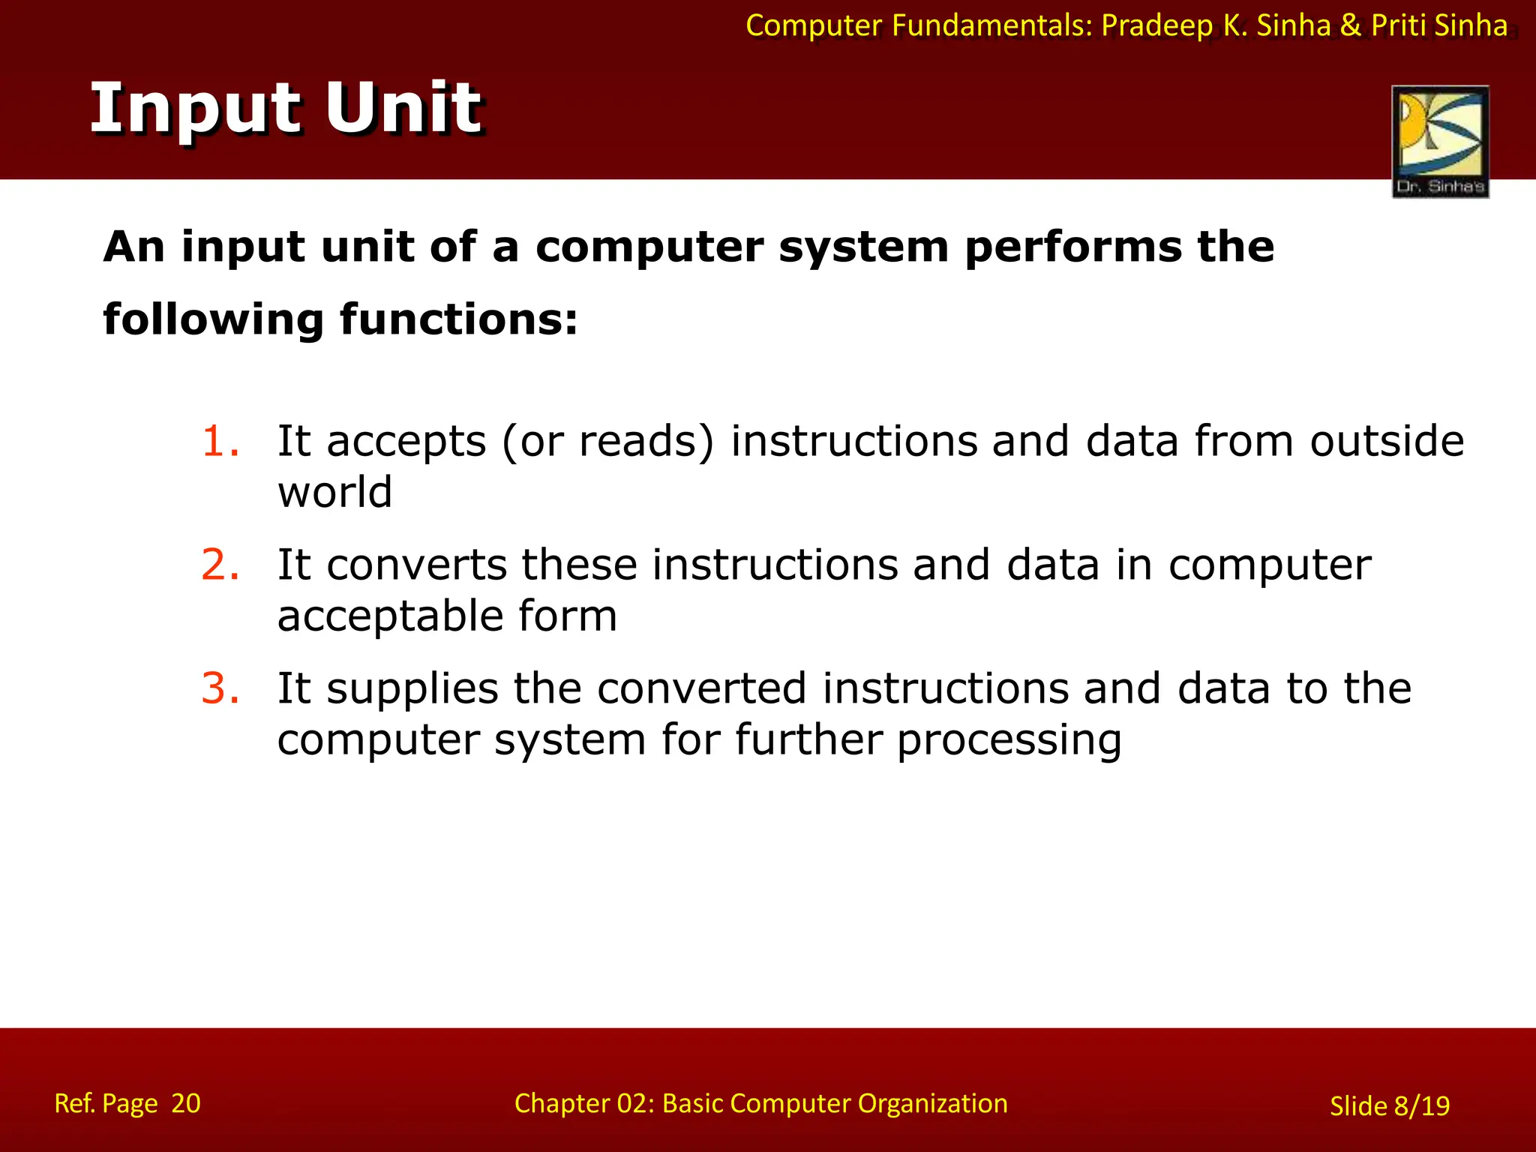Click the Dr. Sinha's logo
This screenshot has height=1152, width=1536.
pos(1440,142)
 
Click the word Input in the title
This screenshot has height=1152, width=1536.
pos(197,109)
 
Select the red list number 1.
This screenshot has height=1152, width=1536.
pos(220,441)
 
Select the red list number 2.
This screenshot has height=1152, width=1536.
pos(220,565)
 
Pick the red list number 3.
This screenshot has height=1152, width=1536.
pos(220,688)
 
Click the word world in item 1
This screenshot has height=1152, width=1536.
pos(334,493)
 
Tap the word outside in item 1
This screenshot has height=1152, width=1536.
pos(1387,441)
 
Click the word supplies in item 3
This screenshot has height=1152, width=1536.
pos(412,688)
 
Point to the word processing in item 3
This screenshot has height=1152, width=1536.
pos(1009,740)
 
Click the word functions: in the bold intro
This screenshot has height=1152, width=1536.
pos(458,319)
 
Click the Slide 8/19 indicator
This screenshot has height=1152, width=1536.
pos(1389,1106)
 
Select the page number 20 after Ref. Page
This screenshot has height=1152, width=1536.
pos(186,1103)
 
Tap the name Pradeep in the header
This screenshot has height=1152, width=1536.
pos(1156,26)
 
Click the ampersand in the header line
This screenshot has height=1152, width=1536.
pos(1350,26)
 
